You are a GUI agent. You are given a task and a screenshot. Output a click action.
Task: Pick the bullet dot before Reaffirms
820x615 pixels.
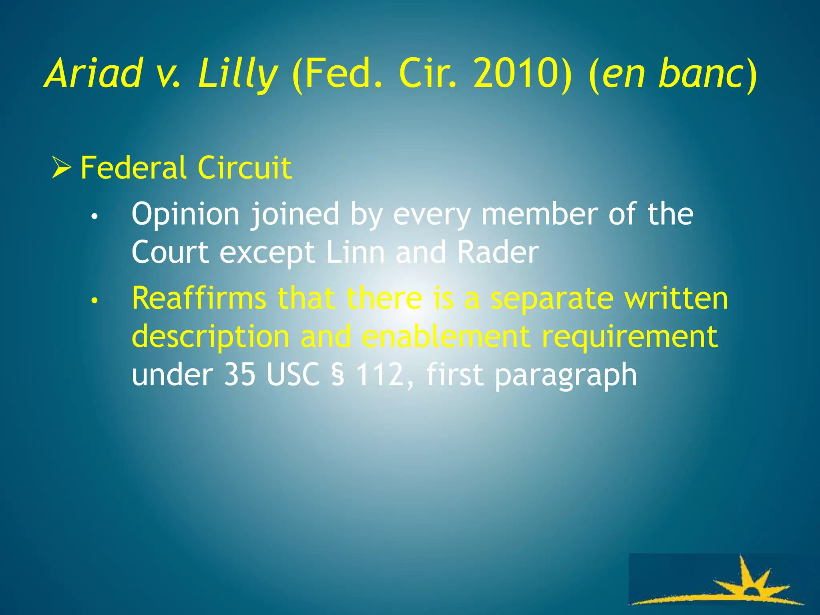94,301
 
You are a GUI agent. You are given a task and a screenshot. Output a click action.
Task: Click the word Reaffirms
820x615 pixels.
199,298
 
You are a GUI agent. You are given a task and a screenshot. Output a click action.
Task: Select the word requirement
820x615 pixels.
629,336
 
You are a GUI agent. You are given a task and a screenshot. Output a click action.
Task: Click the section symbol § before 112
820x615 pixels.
338,375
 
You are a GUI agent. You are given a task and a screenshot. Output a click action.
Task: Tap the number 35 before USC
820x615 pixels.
239,374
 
